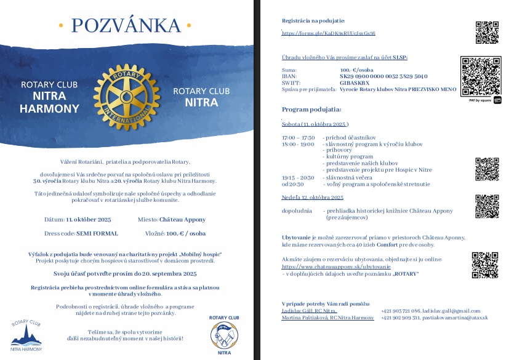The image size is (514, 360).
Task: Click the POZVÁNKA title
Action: (126, 25)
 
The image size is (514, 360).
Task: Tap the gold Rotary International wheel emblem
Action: (126, 96)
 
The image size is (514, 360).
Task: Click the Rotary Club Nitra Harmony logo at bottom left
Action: (26, 335)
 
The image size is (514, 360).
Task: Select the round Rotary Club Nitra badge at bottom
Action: (224, 336)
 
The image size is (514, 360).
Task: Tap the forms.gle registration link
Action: (329, 33)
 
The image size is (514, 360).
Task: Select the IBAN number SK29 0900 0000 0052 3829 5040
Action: (383, 76)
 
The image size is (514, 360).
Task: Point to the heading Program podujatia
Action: (311, 110)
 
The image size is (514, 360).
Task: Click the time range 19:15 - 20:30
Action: (298, 177)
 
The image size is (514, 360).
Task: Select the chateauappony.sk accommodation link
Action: (336, 267)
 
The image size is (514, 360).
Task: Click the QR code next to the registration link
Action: (487, 32)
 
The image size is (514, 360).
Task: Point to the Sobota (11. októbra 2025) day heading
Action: (315, 124)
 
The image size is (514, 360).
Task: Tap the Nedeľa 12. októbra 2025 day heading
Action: (313, 198)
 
